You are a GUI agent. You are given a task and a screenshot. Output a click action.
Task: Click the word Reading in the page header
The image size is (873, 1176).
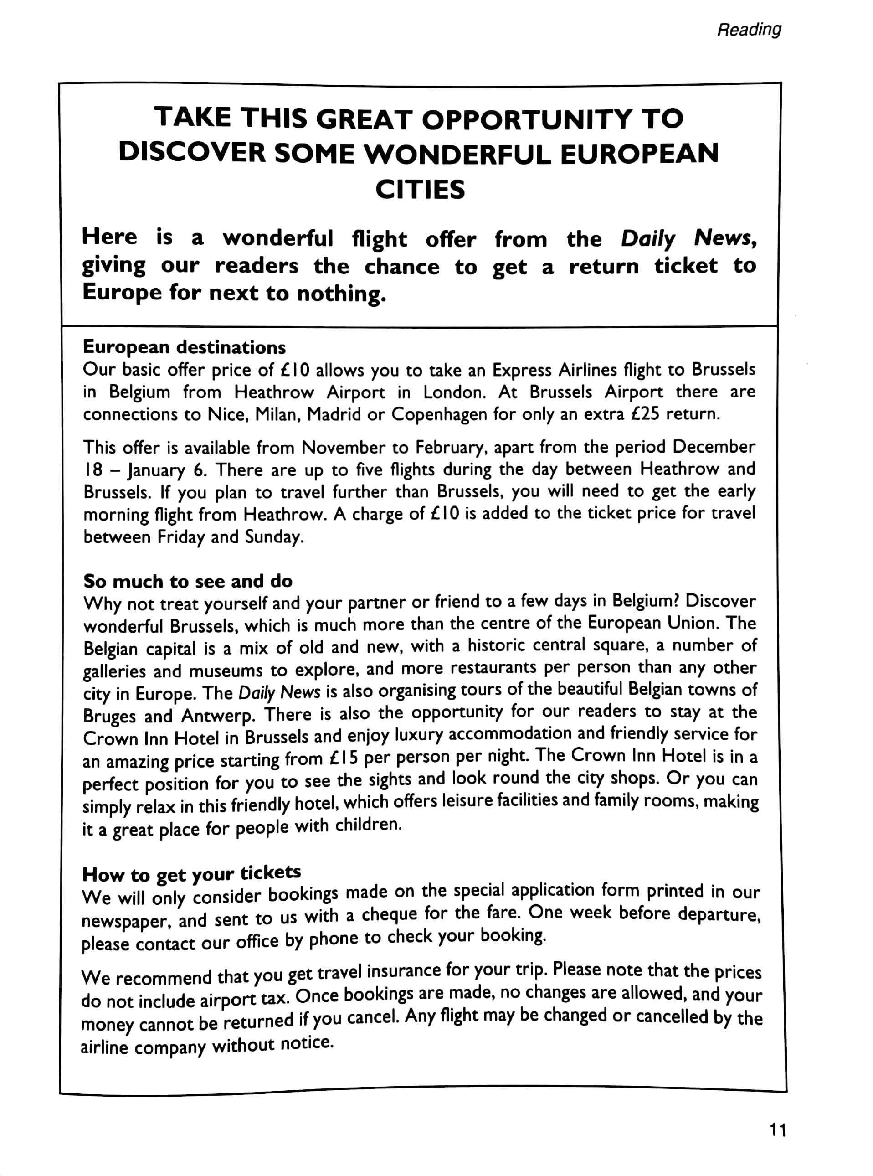748,30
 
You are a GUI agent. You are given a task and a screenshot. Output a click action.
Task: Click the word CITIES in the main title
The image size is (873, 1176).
420,190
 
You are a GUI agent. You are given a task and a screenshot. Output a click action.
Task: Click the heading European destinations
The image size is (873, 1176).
185,347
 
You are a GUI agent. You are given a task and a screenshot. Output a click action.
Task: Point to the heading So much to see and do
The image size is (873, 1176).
188,582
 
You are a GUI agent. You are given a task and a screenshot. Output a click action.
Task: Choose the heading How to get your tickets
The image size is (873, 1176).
191,874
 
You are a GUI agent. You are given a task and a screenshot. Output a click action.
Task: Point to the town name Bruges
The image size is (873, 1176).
109,716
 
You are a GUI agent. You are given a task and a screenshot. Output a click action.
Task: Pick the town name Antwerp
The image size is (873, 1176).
218,716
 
